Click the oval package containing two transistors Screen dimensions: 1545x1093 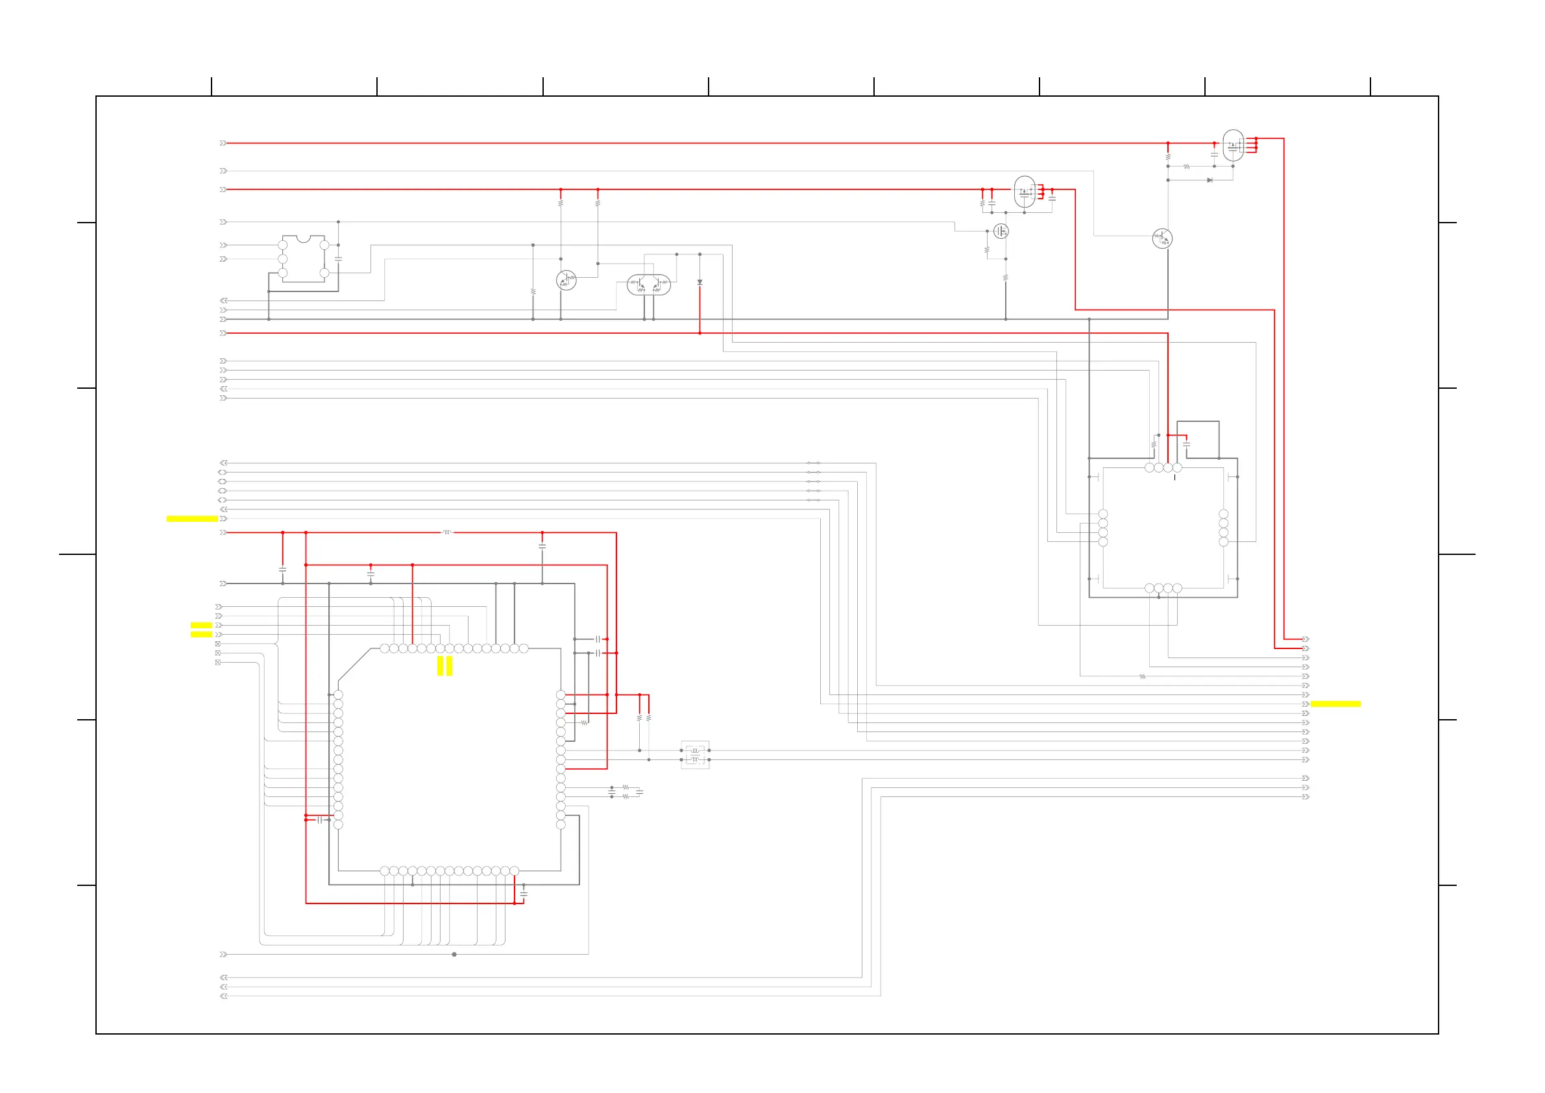pyautogui.click(x=648, y=286)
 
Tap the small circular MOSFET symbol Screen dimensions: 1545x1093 pyautogui.click(x=1001, y=232)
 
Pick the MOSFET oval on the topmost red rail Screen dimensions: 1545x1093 pyautogui.click(x=1233, y=145)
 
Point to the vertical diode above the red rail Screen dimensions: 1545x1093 pyautogui.click(x=700, y=283)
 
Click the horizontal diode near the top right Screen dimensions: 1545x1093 pyautogui.click(x=1210, y=180)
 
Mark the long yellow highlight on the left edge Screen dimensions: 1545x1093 pyautogui.click(x=192, y=519)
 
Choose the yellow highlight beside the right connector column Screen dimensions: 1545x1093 pyautogui.click(x=1335, y=704)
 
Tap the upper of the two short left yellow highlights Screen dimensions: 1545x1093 pyautogui.click(x=201, y=625)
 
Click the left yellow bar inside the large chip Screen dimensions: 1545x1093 pyautogui.click(x=441, y=667)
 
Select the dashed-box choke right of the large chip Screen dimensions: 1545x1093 pyautogui.click(x=695, y=755)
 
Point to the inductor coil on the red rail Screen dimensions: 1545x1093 pyautogui.click(x=447, y=532)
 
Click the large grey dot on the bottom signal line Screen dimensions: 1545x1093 pyautogui.click(x=454, y=954)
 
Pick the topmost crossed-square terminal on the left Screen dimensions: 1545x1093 pyautogui.click(x=218, y=644)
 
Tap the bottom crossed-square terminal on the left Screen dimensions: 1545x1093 pyautogui.click(x=218, y=663)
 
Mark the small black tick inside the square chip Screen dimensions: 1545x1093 pyautogui.click(x=1175, y=478)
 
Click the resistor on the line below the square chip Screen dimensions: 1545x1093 pyautogui.click(x=1142, y=676)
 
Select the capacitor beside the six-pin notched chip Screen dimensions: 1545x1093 pyautogui.click(x=339, y=258)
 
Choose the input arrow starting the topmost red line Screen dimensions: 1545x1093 pyautogui.click(x=223, y=143)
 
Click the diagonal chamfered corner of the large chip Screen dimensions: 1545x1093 pyautogui.click(x=354, y=665)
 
